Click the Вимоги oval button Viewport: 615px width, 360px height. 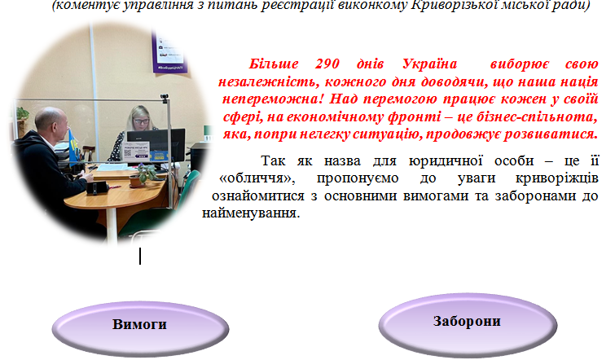coord(140,328)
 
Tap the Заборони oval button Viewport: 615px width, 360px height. coord(468,325)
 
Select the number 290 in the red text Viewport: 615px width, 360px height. coord(327,64)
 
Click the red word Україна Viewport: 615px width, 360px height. coord(429,64)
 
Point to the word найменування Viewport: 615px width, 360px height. coord(251,213)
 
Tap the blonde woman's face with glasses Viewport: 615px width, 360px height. coord(140,121)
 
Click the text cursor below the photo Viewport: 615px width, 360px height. coord(140,256)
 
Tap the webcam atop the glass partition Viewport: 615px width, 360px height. coord(165,97)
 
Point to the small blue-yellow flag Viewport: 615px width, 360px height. coord(73,143)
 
